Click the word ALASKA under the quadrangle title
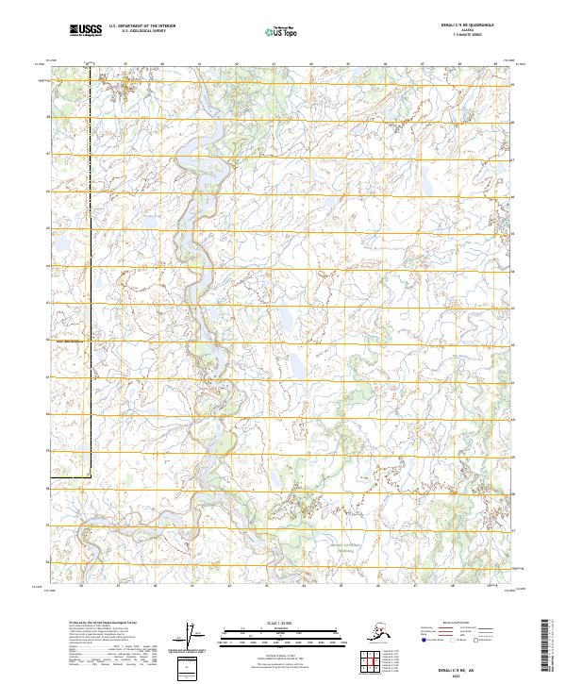472,31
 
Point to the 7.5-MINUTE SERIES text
472,36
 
